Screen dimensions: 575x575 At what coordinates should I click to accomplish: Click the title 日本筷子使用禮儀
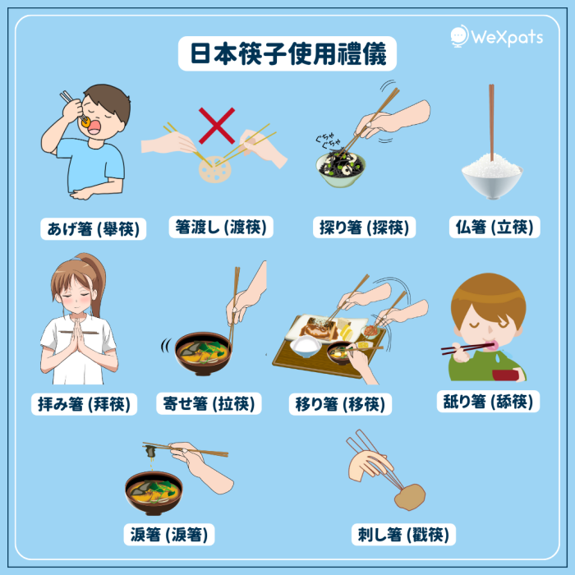click(x=287, y=53)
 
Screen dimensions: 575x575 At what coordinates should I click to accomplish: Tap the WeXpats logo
click(x=496, y=36)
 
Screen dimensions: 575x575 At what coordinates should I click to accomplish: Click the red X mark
click(x=217, y=126)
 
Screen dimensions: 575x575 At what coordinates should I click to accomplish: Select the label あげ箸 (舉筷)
click(x=93, y=229)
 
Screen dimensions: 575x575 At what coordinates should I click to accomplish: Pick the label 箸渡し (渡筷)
click(x=221, y=227)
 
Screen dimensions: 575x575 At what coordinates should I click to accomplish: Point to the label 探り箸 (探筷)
click(x=364, y=227)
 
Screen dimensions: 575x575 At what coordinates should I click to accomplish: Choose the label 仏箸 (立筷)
click(x=494, y=227)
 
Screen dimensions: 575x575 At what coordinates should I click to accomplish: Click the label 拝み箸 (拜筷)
click(x=84, y=404)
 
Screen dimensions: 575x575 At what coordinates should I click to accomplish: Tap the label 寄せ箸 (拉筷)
click(x=209, y=403)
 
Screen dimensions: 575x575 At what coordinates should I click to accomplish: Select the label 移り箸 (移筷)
click(x=340, y=404)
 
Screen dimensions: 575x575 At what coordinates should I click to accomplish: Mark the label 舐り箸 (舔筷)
click(x=488, y=401)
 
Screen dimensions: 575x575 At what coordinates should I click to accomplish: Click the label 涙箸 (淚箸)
click(x=169, y=534)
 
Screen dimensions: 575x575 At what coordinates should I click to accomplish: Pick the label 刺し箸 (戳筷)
click(x=403, y=534)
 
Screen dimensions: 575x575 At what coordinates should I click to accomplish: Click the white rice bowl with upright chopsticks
click(x=492, y=176)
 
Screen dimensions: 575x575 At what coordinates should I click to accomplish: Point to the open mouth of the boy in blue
click(x=94, y=127)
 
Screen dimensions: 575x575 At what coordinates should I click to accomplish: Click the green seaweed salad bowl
click(x=341, y=169)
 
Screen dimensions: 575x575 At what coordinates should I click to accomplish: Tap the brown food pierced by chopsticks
click(x=411, y=497)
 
